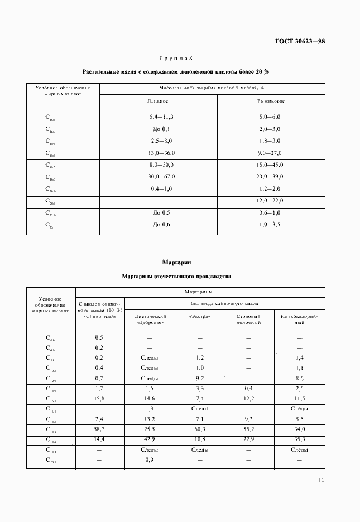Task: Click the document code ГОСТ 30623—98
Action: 300,41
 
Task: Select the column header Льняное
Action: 158,101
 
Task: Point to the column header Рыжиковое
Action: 271,101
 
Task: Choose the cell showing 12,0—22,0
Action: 270,201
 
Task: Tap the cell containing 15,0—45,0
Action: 270,165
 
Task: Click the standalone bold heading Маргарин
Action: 176,262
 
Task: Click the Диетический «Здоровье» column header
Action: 150,319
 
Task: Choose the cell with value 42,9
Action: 150,439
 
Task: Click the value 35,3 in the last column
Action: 299,439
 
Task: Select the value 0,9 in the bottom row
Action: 150,460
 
